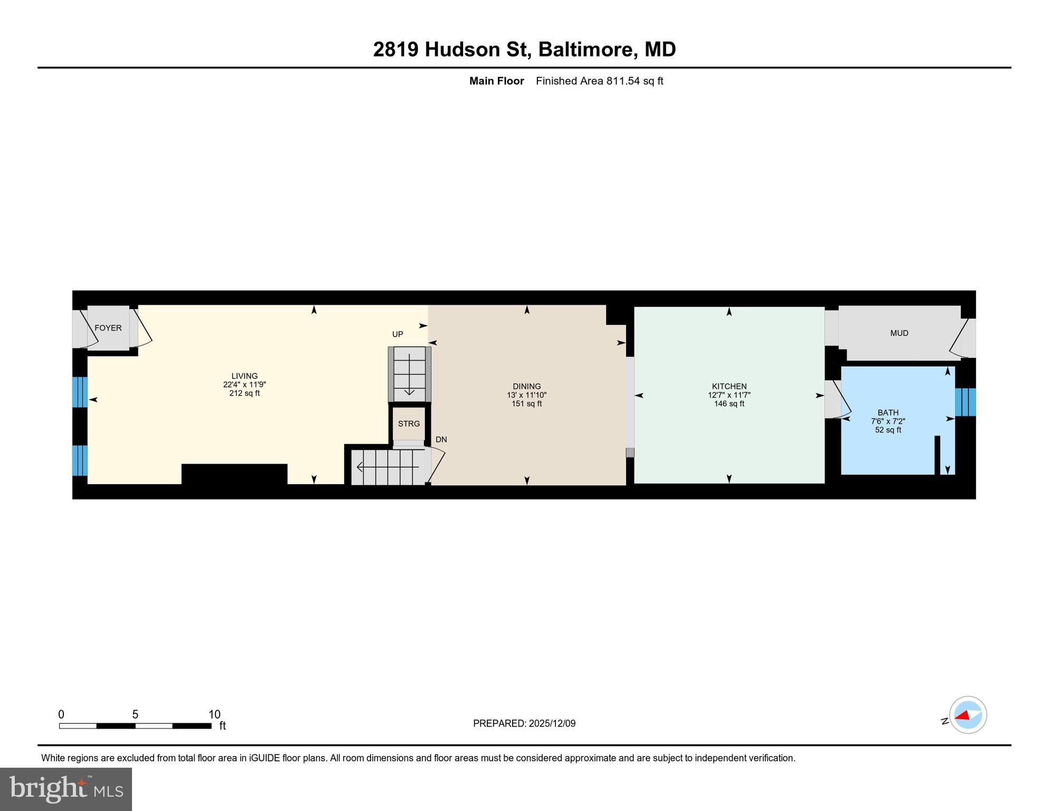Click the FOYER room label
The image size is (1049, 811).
click(x=108, y=328)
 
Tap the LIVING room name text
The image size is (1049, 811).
click(x=244, y=376)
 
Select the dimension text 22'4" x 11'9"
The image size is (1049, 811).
click(x=244, y=385)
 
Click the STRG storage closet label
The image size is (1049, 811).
click(x=409, y=423)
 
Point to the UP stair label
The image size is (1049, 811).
click(x=398, y=334)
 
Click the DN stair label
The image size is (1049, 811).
click(x=441, y=439)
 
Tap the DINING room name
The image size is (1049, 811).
click(x=527, y=386)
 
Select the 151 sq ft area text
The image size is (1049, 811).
click(x=527, y=404)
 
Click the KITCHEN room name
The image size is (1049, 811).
click(x=729, y=386)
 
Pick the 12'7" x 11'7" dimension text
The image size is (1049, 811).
click(x=729, y=395)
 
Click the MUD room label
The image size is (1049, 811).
click(x=899, y=333)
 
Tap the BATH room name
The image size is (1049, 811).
click(x=888, y=413)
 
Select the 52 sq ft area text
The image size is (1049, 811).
click(x=888, y=430)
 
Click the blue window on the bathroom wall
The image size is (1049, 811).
click(x=965, y=402)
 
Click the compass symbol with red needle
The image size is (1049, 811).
click(x=968, y=715)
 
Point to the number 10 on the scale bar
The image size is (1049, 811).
click(x=214, y=714)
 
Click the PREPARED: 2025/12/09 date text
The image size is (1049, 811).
click(x=524, y=723)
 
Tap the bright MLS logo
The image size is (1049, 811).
click(x=66, y=789)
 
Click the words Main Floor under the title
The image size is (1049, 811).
click(x=496, y=81)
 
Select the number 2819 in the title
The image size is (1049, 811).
click(x=396, y=50)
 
